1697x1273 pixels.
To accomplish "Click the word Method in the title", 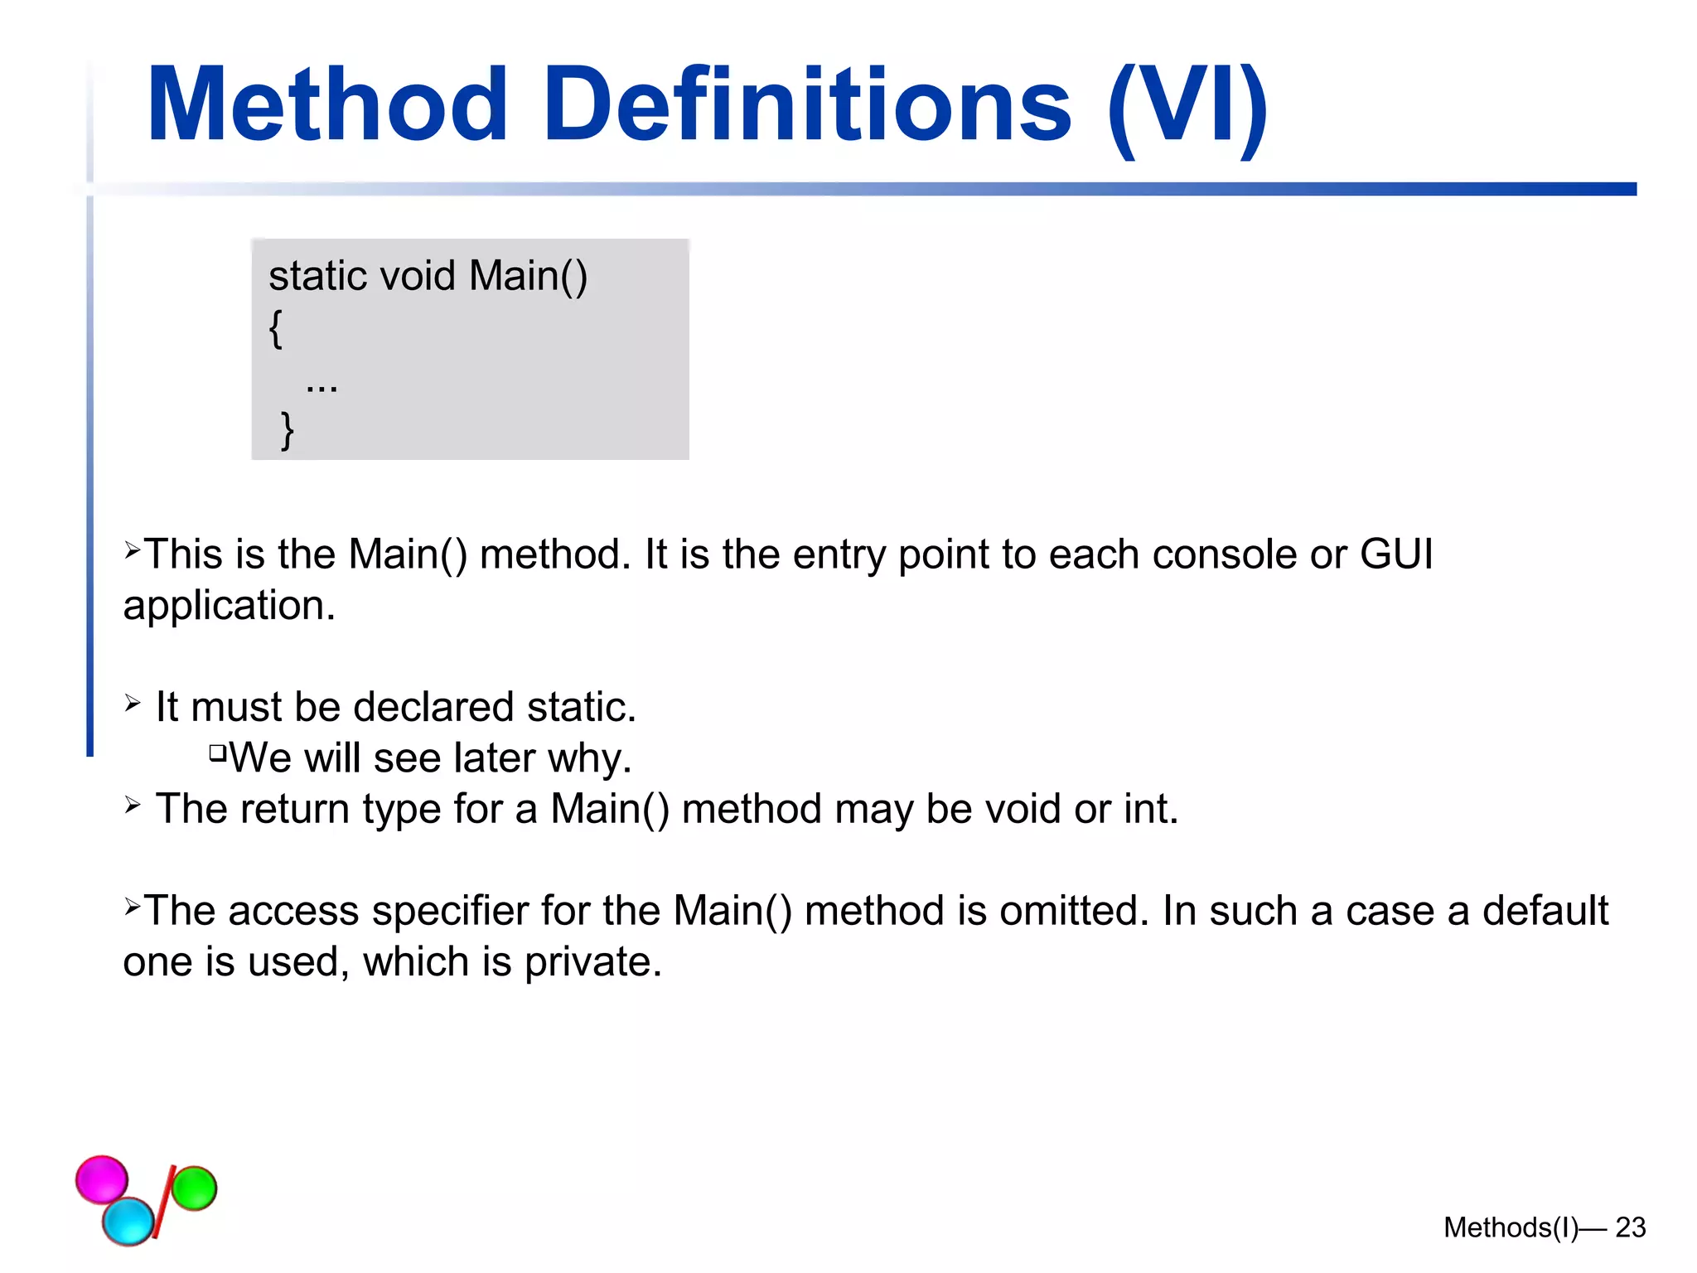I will tap(326, 105).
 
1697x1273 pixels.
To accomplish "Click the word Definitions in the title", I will tap(808, 105).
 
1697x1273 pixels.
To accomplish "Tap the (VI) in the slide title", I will tap(1187, 108).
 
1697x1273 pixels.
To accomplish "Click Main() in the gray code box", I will tap(528, 276).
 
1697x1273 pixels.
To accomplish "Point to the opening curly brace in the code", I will tap(276, 328).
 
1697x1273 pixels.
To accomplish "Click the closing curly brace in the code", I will tap(288, 430).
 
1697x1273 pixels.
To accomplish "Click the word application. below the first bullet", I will tap(229, 605).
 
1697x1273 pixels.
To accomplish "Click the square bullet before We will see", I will tap(217, 753).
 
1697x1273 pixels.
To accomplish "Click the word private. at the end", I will tap(592, 962).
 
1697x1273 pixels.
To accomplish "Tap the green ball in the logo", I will tap(194, 1188).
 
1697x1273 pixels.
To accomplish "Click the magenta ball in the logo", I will tap(102, 1179).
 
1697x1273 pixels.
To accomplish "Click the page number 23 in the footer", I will tap(1630, 1227).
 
